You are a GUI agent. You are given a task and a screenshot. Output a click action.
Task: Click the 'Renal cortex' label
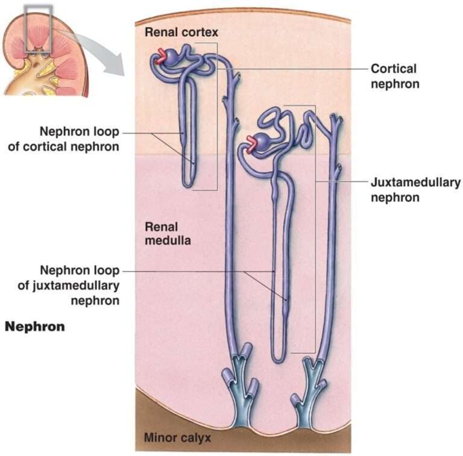point(181,31)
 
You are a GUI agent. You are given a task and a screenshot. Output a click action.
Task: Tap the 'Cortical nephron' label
point(394,76)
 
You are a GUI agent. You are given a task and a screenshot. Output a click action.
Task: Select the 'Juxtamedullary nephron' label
point(415,189)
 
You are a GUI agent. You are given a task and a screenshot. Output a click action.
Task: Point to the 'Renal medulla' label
point(168,234)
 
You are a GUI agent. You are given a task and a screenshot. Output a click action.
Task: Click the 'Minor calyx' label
point(177,438)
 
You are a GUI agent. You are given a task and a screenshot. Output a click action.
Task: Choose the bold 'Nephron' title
point(35,327)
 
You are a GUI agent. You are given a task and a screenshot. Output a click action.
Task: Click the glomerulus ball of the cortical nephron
point(172,57)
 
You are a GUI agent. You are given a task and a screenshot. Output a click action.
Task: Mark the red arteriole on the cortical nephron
point(161,57)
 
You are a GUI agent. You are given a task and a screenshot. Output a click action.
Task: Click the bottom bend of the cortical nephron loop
point(189,184)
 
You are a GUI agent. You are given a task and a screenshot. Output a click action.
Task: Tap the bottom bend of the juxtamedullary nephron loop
point(279,360)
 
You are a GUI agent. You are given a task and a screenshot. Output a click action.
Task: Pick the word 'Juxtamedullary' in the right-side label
point(415,182)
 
